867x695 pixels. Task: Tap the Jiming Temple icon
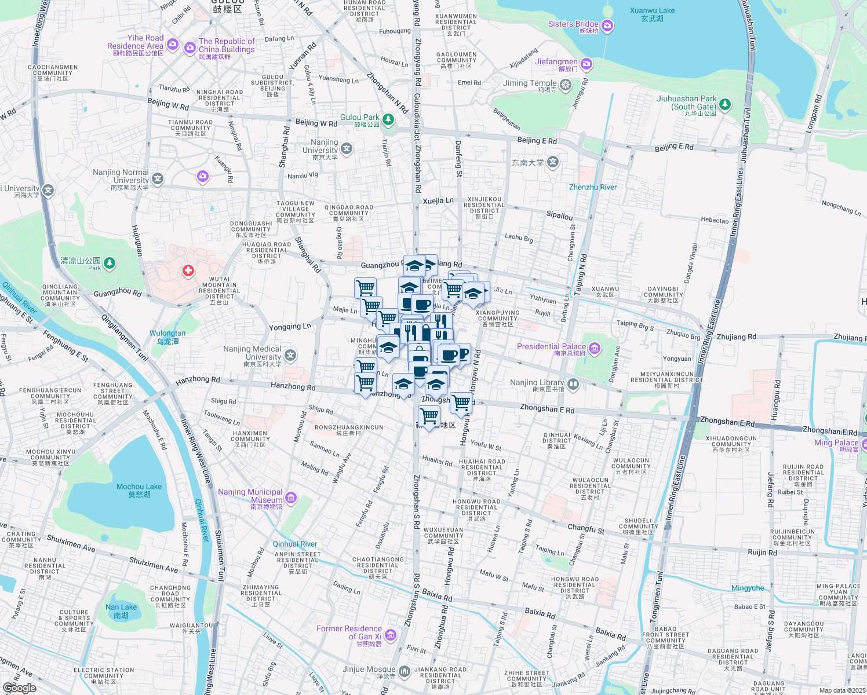pyautogui.click(x=566, y=85)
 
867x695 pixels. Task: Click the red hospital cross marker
pyautogui.click(x=188, y=270)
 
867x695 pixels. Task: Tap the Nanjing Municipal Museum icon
pyautogui.click(x=291, y=498)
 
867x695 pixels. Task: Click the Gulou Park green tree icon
pyautogui.click(x=388, y=119)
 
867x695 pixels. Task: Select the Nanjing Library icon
pyautogui.click(x=573, y=384)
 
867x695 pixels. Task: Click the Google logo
pyautogui.click(x=19, y=688)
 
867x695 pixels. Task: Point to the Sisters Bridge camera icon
pyautogui.click(x=607, y=25)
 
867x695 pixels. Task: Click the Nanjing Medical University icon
pyautogui.click(x=290, y=354)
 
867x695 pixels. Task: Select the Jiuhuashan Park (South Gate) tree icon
pyautogui.click(x=725, y=105)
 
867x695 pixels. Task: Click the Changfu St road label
pyautogui.click(x=586, y=529)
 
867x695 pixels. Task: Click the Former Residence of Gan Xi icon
pyautogui.click(x=391, y=635)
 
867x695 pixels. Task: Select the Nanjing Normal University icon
pyautogui.click(x=158, y=179)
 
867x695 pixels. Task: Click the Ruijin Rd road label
pyautogui.click(x=762, y=553)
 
